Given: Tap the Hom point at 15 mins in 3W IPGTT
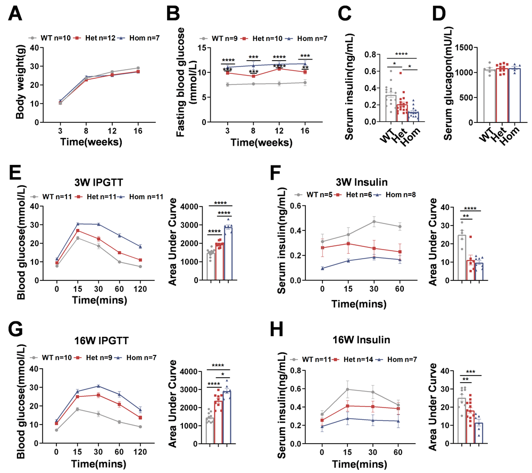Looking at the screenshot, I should tap(78, 224).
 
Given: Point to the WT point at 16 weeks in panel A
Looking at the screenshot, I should tap(138, 68).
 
